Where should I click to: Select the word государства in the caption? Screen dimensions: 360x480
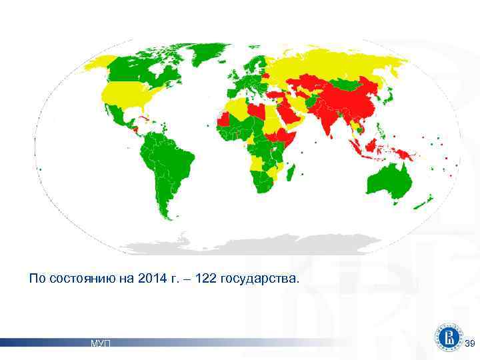point(264,277)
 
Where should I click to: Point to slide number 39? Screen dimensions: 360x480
point(469,343)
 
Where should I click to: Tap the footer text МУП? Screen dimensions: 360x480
point(101,343)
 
